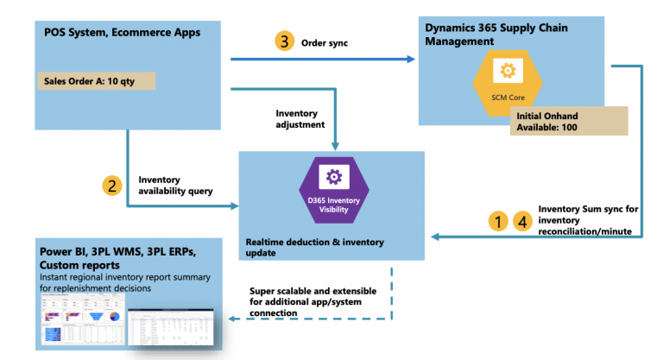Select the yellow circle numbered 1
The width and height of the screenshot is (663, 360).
[x=498, y=221]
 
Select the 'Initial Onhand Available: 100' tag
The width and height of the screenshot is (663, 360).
[x=568, y=122]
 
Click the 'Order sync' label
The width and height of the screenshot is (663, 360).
[x=324, y=41]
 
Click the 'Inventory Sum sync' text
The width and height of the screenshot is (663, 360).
[x=586, y=209]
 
